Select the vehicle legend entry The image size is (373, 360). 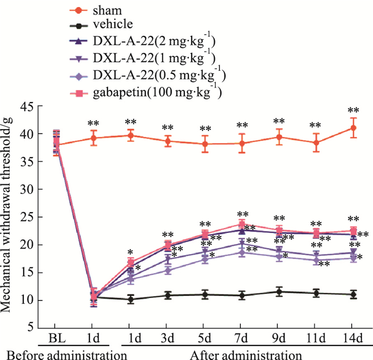tap(110, 23)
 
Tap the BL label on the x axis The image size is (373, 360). tap(57, 339)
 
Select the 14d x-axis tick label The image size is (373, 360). tap(352, 339)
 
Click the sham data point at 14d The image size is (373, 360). tap(352, 128)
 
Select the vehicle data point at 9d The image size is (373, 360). tap(278, 292)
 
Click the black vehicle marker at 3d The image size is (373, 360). tap(168, 295)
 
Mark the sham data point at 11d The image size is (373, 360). tap(315, 142)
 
